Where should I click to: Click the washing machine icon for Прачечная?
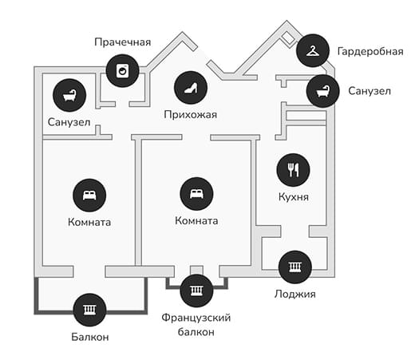tap(122, 71)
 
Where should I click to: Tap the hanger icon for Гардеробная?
tap(313, 50)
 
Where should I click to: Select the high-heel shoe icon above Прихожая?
tap(191, 88)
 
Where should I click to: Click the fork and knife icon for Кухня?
tap(294, 170)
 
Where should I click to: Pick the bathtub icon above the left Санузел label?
tap(69, 95)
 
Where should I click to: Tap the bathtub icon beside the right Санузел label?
tap(323, 91)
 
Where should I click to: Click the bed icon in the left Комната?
tap(89, 196)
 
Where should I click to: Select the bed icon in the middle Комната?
tap(196, 194)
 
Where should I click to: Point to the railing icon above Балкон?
tap(89, 310)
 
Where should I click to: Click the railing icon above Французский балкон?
tap(196, 291)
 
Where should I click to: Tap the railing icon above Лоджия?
tap(295, 267)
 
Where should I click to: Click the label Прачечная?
tap(123, 42)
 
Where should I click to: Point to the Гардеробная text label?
tap(370, 51)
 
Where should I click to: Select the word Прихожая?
tap(191, 115)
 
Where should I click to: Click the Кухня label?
tap(294, 197)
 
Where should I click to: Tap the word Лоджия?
tap(295, 294)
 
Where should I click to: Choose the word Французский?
tap(196, 318)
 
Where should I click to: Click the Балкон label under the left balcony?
tap(90, 337)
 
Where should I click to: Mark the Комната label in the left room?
tap(89, 222)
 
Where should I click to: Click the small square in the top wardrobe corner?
tap(288, 38)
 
